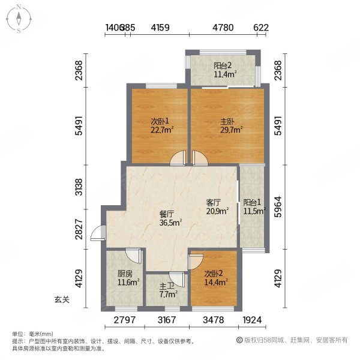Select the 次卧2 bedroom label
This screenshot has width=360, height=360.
pos(213,276)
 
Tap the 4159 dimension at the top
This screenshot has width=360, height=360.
pos(160,27)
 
